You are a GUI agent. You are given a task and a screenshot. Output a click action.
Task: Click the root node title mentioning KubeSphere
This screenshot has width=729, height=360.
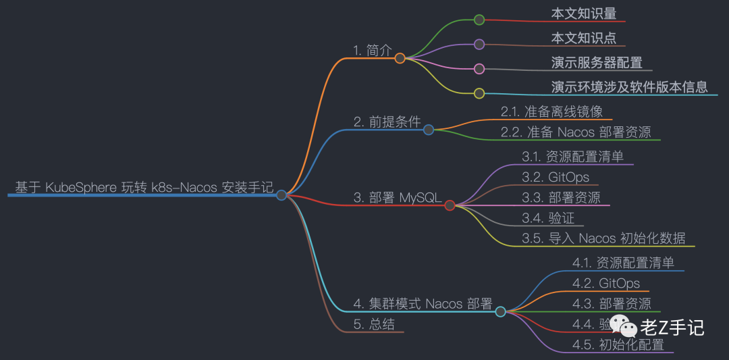(x=144, y=187)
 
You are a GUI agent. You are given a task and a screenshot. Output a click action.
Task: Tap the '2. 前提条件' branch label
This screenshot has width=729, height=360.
(x=387, y=122)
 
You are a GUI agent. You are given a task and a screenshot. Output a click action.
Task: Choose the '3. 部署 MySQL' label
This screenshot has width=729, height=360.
(x=397, y=197)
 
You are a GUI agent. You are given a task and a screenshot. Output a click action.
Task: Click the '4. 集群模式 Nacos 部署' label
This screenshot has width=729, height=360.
(x=423, y=303)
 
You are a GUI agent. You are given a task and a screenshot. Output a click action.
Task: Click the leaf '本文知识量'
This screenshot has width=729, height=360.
(x=583, y=13)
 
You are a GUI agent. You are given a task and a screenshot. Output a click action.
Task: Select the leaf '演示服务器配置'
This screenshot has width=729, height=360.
(x=597, y=63)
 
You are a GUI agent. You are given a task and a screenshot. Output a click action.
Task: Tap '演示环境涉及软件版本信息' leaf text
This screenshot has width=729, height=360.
(x=629, y=86)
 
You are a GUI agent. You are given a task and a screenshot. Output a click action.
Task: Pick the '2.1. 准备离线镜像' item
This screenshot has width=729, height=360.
(x=551, y=111)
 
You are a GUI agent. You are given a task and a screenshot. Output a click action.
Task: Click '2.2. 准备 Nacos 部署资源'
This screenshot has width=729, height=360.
(x=576, y=132)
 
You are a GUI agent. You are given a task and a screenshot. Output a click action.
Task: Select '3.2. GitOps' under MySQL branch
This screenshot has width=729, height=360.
(x=555, y=177)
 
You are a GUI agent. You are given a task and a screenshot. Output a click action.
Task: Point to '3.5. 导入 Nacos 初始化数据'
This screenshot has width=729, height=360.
(x=603, y=238)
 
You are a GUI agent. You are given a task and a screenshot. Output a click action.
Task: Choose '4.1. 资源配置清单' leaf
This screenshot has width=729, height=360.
(x=623, y=263)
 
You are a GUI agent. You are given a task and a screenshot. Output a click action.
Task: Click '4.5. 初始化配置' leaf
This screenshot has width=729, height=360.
(x=618, y=344)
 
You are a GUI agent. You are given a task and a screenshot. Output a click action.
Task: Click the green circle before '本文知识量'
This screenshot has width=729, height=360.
(x=479, y=20)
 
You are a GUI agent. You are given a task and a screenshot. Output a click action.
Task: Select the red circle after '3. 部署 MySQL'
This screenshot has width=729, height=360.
(x=450, y=205)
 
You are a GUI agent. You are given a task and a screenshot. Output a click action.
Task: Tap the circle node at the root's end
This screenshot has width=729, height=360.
(x=281, y=195)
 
